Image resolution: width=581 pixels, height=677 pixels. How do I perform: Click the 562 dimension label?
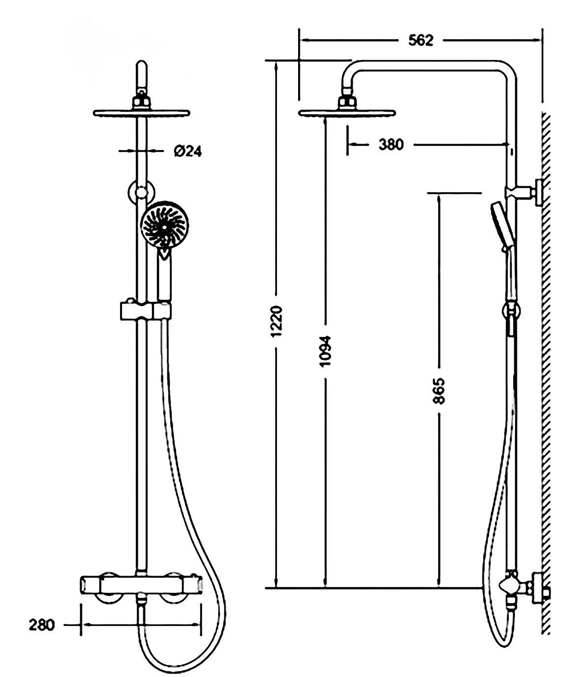pos(421,40)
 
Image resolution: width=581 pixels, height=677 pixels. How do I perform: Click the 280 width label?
pos(42,625)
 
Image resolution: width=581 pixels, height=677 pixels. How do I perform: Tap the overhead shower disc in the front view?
pos(141,113)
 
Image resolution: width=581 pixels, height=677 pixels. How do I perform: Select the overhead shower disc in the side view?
pos(347,113)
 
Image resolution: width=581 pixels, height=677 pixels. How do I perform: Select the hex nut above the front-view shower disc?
pos(141,102)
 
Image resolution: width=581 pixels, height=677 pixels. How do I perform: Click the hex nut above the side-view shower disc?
pos(347,102)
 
